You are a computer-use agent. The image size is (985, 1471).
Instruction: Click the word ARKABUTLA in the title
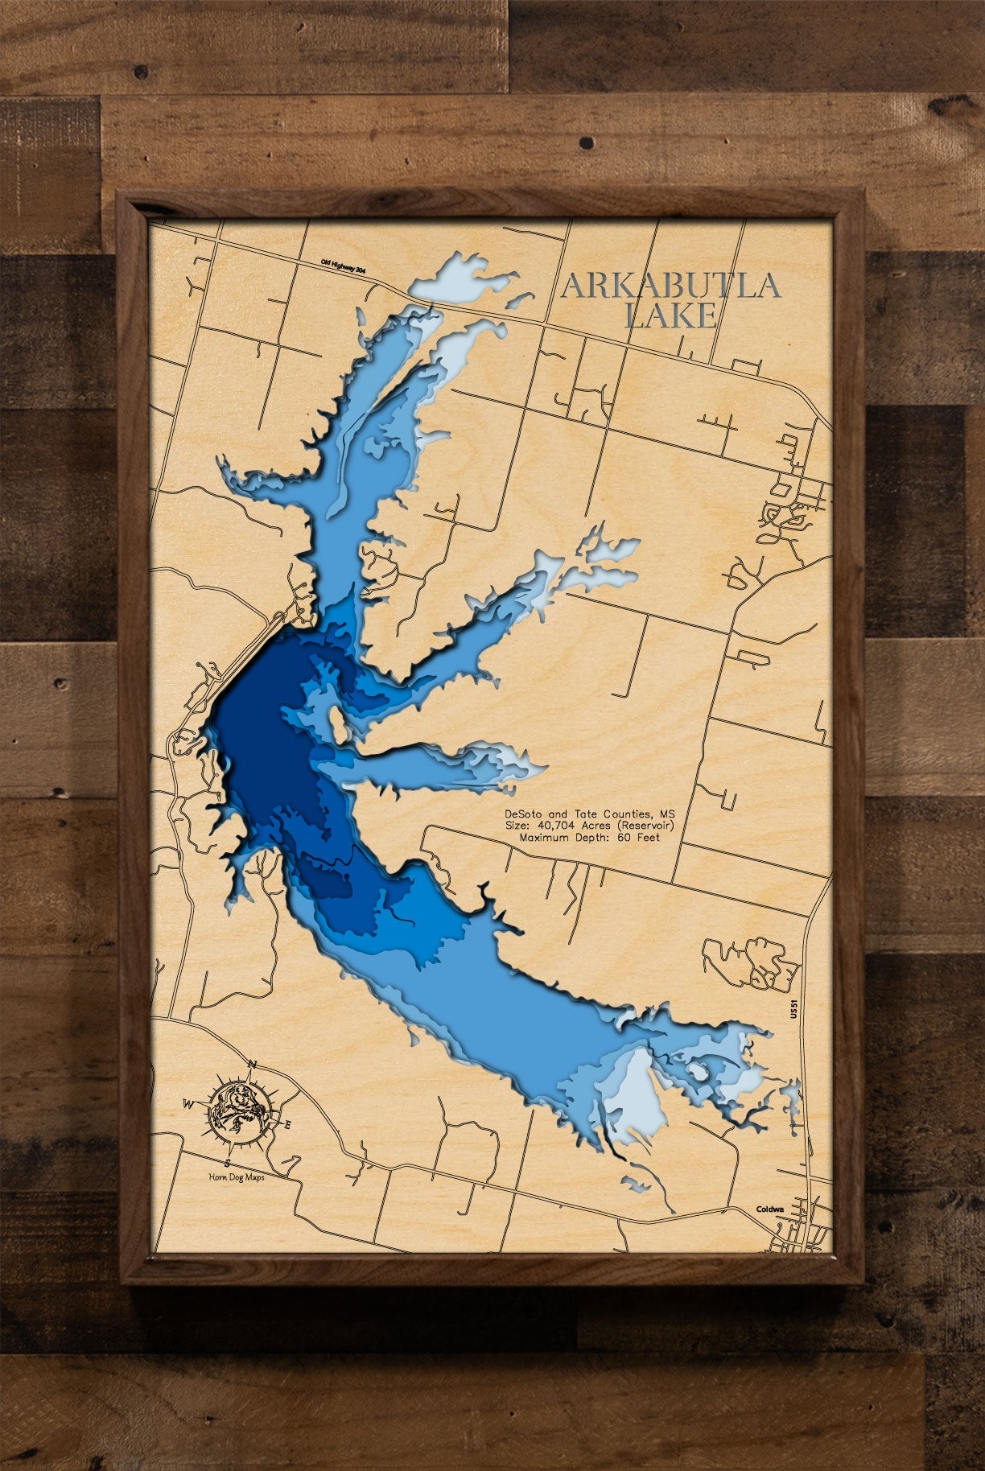point(670,286)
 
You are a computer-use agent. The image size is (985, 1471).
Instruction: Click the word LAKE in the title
point(670,316)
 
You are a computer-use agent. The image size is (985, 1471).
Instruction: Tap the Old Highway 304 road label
point(342,268)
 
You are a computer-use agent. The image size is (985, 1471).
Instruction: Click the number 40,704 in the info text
point(560,826)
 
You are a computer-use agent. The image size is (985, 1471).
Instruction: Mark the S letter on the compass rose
point(229,1164)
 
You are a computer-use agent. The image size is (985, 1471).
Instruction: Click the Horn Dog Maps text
point(237,1177)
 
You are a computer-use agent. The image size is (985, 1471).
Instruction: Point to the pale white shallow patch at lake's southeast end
point(640,1090)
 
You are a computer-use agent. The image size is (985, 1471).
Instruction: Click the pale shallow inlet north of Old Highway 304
point(463,277)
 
